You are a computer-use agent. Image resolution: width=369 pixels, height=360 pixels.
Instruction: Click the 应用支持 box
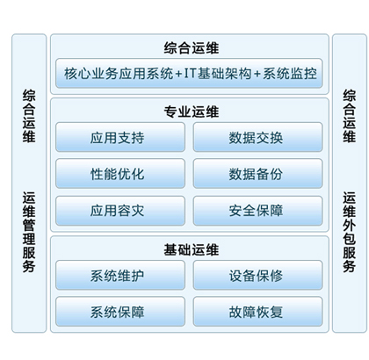point(120,137)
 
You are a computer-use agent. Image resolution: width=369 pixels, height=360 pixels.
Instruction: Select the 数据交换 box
point(258,137)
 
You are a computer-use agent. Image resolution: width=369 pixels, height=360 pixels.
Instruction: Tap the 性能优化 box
point(120,174)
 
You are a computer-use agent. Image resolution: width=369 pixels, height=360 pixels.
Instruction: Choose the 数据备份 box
point(258,174)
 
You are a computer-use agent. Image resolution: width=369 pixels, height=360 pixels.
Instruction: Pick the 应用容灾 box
point(120,211)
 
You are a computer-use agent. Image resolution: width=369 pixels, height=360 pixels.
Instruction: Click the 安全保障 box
point(258,211)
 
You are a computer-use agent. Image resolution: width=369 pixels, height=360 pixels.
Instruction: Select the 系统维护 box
point(120,275)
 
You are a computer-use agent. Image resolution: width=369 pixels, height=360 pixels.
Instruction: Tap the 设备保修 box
point(258,275)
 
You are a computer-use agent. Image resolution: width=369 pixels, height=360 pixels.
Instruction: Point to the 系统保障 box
point(120,312)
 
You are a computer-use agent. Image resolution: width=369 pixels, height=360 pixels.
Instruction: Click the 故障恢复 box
point(258,312)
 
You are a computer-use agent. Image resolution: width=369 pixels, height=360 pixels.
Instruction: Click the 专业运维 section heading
point(192,112)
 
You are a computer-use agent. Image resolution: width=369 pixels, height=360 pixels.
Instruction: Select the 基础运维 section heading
point(192,249)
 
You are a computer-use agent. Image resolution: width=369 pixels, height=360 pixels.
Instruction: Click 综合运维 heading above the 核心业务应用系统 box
point(192,48)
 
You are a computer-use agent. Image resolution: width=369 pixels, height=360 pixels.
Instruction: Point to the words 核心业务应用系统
point(119,73)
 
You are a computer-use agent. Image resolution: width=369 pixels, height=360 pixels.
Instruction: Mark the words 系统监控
point(290,73)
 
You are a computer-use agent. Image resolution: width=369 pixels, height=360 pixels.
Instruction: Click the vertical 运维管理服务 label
point(29,232)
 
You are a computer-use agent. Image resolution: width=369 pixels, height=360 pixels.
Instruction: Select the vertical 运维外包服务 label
point(350,232)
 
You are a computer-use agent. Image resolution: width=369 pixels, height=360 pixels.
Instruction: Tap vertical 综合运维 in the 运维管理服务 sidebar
point(29,116)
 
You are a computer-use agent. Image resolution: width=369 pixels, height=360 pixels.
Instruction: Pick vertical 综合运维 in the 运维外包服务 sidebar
point(350,116)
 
